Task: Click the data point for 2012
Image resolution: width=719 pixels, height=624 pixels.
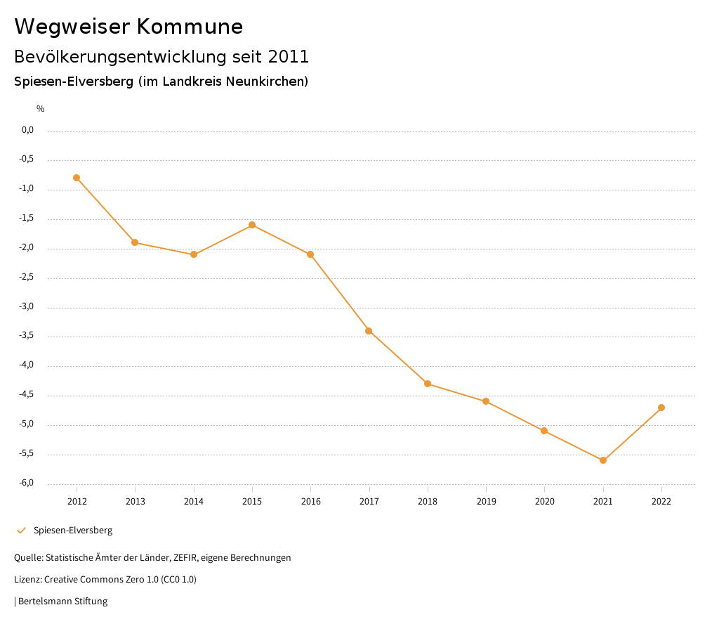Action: click(77, 178)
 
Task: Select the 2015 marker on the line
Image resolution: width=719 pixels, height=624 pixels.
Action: click(252, 225)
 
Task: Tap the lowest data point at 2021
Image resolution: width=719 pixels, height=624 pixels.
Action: click(603, 460)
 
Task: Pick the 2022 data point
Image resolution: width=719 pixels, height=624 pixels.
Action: click(661, 408)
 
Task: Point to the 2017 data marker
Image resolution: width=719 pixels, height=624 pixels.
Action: click(369, 331)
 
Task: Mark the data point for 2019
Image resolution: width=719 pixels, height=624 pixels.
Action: click(486, 401)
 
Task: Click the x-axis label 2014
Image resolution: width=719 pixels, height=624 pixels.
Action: click(194, 501)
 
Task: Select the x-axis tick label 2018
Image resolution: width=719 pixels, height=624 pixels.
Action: click(428, 501)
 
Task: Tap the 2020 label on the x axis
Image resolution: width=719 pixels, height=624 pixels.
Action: click(544, 501)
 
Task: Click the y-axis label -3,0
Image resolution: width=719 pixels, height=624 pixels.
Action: click(27, 307)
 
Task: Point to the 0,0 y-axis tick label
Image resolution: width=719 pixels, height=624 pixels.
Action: click(28, 130)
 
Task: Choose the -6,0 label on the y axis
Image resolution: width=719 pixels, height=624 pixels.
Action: click(27, 483)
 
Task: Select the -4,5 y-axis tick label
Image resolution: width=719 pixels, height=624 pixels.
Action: click(27, 395)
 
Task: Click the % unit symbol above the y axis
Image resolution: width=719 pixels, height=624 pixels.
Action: click(41, 109)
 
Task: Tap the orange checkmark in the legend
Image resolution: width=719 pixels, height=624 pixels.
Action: click(21, 531)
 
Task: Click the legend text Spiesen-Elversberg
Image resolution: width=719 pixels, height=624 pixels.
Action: click(73, 531)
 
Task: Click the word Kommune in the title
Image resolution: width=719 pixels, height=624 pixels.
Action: click(190, 27)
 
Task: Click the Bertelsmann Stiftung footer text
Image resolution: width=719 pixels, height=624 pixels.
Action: click(62, 602)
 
